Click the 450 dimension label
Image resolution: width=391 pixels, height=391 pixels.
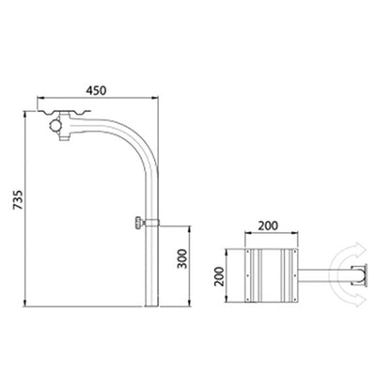pyautogui.click(x=97, y=90)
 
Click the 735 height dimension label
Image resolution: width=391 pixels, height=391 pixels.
pyautogui.click(x=18, y=199)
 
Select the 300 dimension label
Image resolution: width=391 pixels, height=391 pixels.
pyautogui.click(x=182, y=258)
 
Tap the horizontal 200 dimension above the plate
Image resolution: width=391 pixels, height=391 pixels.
pyautogui.click(x=268, y=226)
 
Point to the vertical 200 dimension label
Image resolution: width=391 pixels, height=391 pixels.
pyautogui.click(x=219, y=276)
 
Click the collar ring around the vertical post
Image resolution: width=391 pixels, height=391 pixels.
pyautogui.click(x=152, y=223)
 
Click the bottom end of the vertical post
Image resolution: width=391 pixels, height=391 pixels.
pyautogui.click(x=152, y=305)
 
